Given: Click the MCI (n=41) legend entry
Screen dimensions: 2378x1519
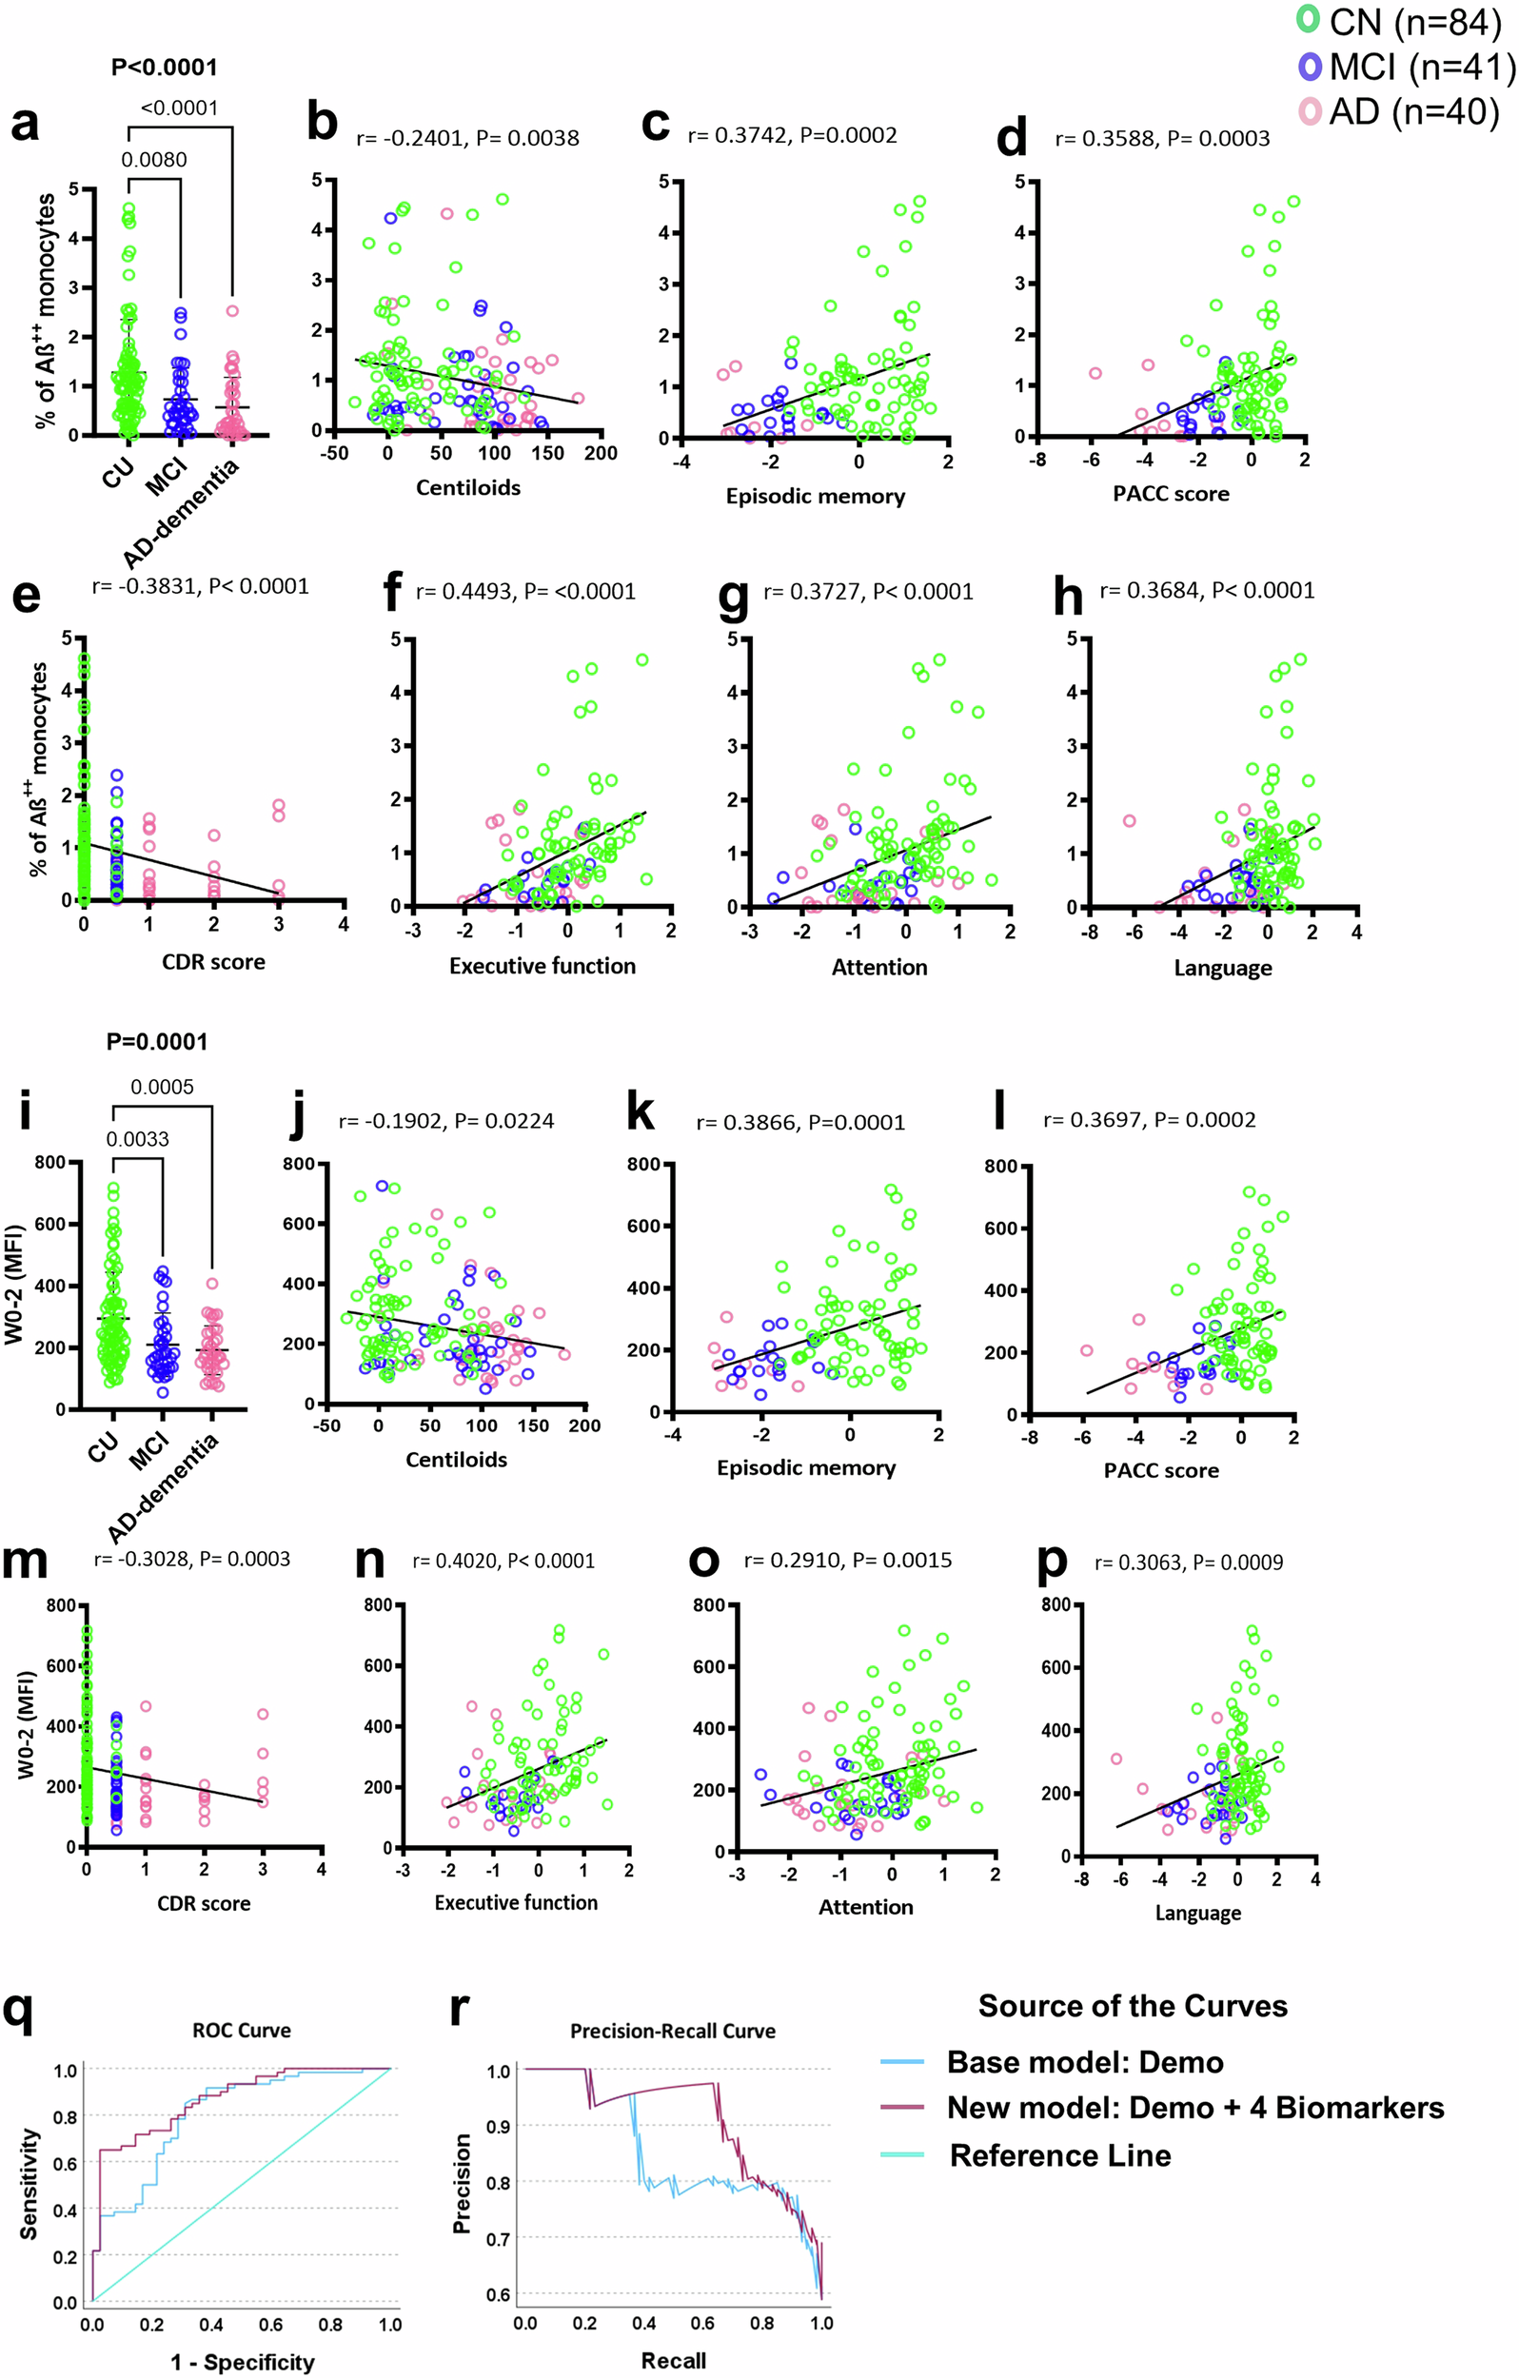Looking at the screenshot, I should coord(1408,68).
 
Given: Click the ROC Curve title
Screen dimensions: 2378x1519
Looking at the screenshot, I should coord(241,2031).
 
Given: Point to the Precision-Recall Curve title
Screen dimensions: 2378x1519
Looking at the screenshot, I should coord(673,2031).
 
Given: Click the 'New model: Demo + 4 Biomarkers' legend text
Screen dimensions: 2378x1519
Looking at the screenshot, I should coord(1195,2108).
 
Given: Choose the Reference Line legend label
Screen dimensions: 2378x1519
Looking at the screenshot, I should coord(1059,2154).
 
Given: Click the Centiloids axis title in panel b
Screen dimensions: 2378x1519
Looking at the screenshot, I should coord(467,488).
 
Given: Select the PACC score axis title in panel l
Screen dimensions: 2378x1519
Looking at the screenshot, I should coord(1160,1470).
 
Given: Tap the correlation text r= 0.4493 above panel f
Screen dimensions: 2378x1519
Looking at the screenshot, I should coord(525,592).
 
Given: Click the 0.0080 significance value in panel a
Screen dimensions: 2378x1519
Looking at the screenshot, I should coord(154,160).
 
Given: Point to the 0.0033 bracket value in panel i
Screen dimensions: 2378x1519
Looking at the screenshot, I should coord(137,1139).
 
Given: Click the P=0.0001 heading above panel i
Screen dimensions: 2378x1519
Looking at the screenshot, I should coord(157,1042).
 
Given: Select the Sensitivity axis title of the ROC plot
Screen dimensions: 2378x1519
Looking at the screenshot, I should coord(30,2184).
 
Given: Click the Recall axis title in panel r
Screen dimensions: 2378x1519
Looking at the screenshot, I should coord(674,2360).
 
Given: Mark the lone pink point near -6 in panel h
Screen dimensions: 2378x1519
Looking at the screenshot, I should coord(1129,820).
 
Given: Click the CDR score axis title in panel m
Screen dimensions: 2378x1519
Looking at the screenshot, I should coord(204,1903).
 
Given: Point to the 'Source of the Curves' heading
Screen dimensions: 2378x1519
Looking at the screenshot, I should coord(1133,2006).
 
